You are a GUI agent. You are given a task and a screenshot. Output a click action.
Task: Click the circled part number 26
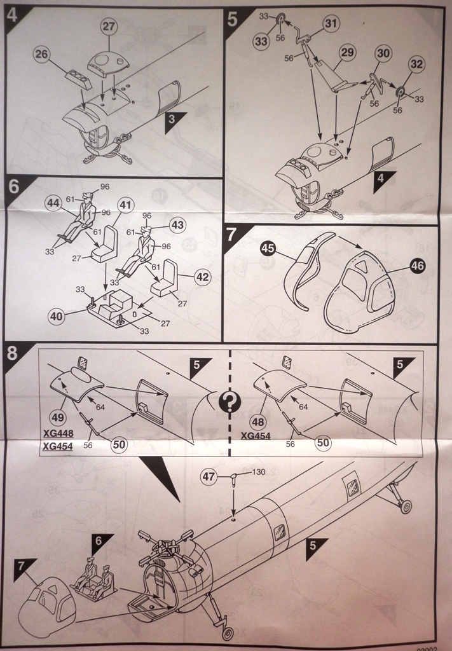pyautogui.click(x=42, y=55)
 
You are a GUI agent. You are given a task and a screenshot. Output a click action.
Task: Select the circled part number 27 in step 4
pyautogui.click(x=109, y=26)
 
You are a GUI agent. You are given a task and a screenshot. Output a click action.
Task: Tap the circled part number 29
pyautogui.click(x=346, y=53)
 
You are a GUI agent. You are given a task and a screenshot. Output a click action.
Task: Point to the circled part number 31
pyautogui.click(x=331, y=24)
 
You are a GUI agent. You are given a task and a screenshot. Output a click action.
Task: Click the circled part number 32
pyautogui.click(x=416, y=64)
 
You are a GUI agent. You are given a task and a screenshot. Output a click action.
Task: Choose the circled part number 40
pyautogui.click(x=57, y=315)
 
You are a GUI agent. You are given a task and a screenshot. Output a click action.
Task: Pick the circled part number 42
pyautogui.click(x=202, y=277)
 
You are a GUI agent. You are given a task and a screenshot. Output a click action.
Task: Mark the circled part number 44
pyautogui.click(x=53, y=203)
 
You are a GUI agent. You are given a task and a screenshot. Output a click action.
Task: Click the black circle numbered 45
pyautogui.click(x=268, y=249)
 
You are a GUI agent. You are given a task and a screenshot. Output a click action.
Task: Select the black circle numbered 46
pyautogui.click(x=417, y=266)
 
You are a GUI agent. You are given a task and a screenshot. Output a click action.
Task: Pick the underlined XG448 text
pyautogui.click(x=57, y=435)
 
